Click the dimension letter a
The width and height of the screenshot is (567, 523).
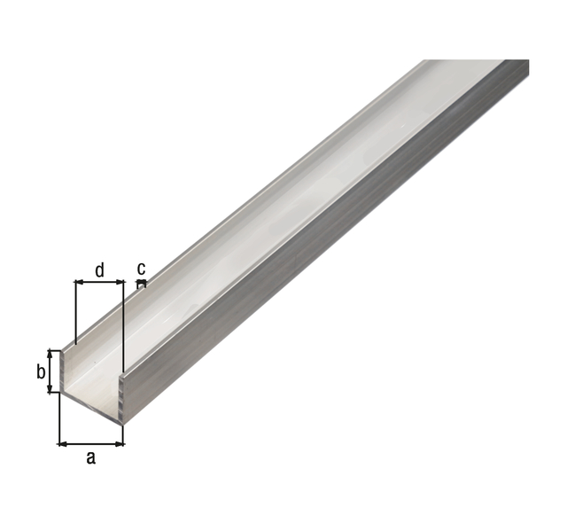click(x=91, y=458)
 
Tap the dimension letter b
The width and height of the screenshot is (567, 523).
click(x=41, y=371)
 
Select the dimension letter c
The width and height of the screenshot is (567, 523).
click(x=142, y=269)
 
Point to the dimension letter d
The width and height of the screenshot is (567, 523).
click(x=99, y=270)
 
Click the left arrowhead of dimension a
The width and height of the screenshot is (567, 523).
click(x=63, y=444)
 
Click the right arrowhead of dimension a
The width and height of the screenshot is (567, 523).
click(x=120, y=444)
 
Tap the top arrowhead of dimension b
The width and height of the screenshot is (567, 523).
click(x=50, y=355)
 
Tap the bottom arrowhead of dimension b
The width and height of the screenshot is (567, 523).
click(x=50, y=388)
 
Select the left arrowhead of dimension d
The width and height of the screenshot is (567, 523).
click(x=79, y=282)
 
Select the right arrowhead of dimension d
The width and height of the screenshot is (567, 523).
click(x=120, y=282)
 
